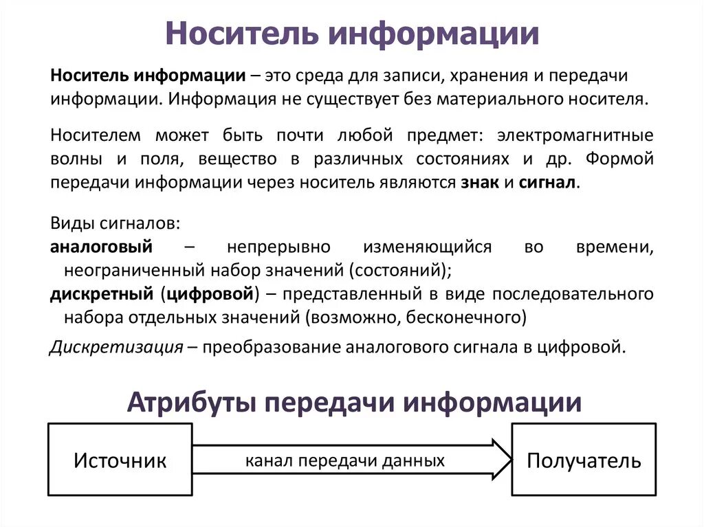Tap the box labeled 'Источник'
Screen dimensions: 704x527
click(x=120, y=460)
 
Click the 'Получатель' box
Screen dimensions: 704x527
click(x=584, y=460)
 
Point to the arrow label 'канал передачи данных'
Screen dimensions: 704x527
click(x=345, y=460)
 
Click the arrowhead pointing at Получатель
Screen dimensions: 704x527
click(x=502, y=460)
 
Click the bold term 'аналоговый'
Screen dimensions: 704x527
click(x=102, y=247)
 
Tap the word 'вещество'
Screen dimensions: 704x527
click(x=239, y=159)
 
